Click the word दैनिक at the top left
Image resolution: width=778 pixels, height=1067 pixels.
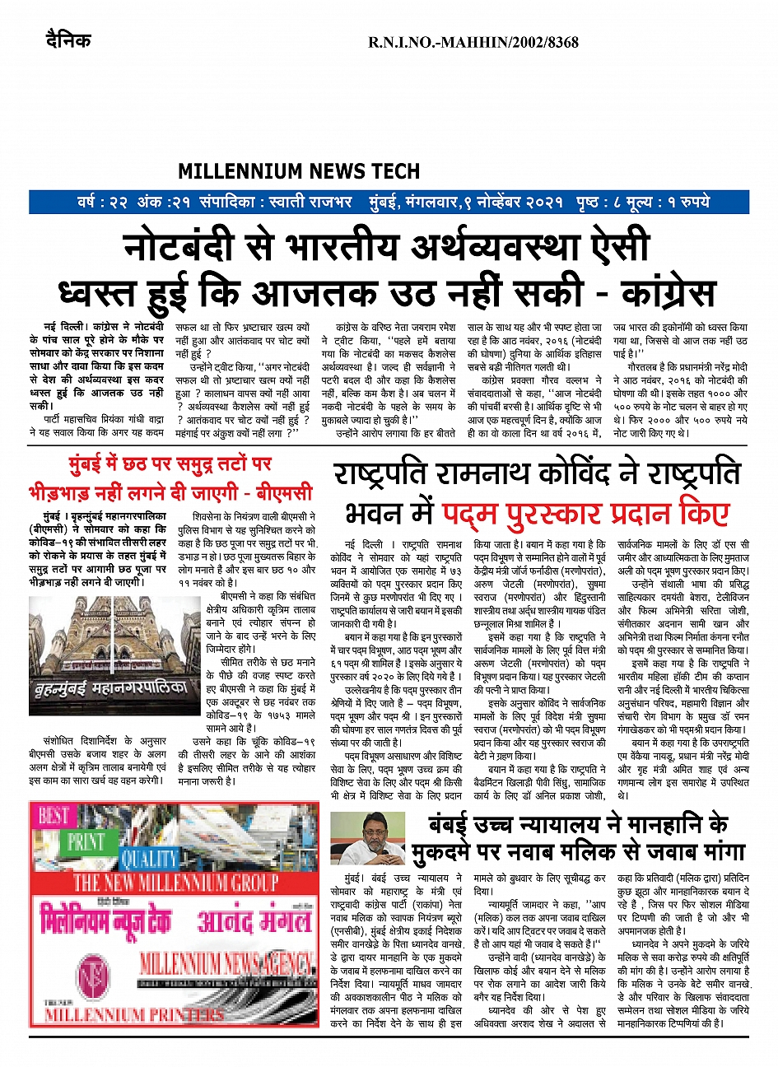click(68, 40)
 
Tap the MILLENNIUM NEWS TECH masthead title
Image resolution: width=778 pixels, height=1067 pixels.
click(299, 171)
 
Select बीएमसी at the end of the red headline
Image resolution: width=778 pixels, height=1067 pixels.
click(285, 493)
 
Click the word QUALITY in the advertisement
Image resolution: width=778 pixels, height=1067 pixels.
click(150, 859)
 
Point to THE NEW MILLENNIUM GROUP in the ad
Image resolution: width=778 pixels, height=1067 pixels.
click(175, 883)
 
